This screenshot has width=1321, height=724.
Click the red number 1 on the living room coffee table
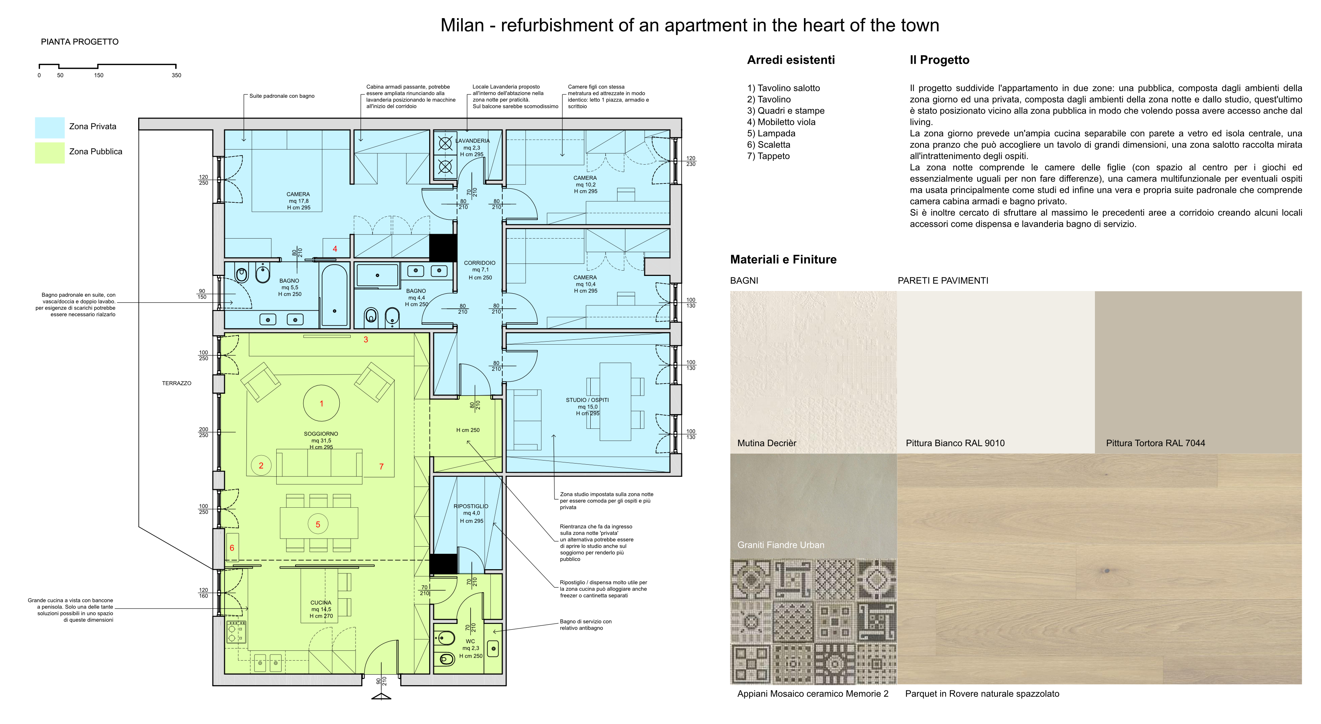pyautogui.click(x=322, y=404)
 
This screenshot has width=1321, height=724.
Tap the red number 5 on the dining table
pyautogui.click(x=318, y=525)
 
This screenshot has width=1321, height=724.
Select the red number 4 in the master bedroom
pyautogui.click(x=335, y=249)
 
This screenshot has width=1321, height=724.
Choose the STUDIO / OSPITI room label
pyautogui.click(x=587, y=400)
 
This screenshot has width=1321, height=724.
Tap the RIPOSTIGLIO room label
pyautogui.click(x=471, y=506)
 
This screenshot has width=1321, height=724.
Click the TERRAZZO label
pyautogui.click(x=176, y=383)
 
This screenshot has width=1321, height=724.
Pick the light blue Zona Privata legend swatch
pyautogui.click(x=50, y=128)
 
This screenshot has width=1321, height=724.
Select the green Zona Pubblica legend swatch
pyautogui.click(x=50, y=153)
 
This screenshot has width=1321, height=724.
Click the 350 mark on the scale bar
pyautogui.click(x=176, y=75)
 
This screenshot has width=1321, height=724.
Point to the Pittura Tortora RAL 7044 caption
pyautogui.click(x=1155, y=443)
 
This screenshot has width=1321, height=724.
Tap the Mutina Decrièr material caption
pyautogui.click(x=767, y=443)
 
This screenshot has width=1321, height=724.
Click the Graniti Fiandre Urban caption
pyautogui.click(x=781, y=545)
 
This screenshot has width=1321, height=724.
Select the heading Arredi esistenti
pyautogui.click(x=791, y=60)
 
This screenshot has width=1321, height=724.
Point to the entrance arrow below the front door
pyautogui.click(x=381, y=696)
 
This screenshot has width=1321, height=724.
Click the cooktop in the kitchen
pyautogui.click(x=236, y=632)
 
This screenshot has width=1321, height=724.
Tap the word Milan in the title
pyautogui.click(x=462, y=25)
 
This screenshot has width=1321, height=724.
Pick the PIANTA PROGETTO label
pyautogui.click(x=80, y=42)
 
